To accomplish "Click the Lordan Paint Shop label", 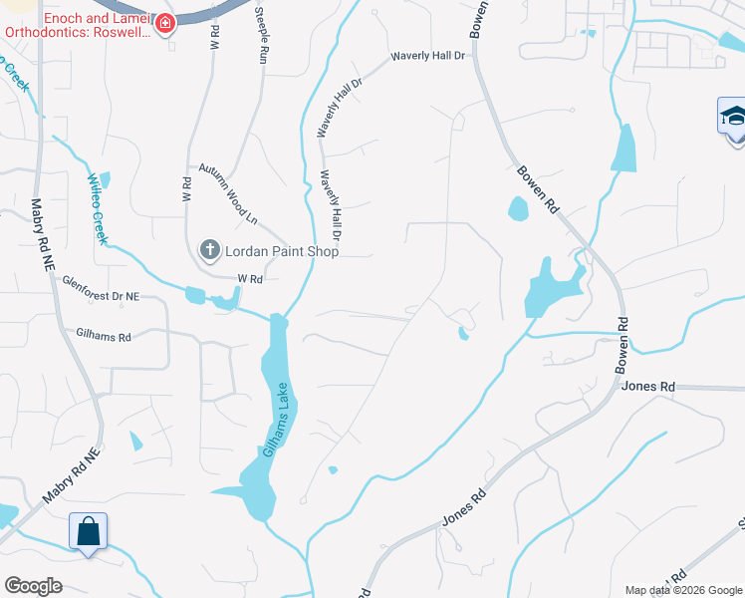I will click(282, 251).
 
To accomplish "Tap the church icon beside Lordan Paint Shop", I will click(210, 250).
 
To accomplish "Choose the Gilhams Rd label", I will click(104, 337).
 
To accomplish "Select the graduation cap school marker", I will click(733, 117).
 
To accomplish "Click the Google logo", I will click(34, 586).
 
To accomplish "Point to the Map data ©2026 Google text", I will click(682, 590).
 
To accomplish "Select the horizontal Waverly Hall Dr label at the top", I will click(428, 57).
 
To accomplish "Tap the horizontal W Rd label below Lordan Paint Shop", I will click(248, 280).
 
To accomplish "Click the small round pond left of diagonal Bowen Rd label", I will click(518, 208).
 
